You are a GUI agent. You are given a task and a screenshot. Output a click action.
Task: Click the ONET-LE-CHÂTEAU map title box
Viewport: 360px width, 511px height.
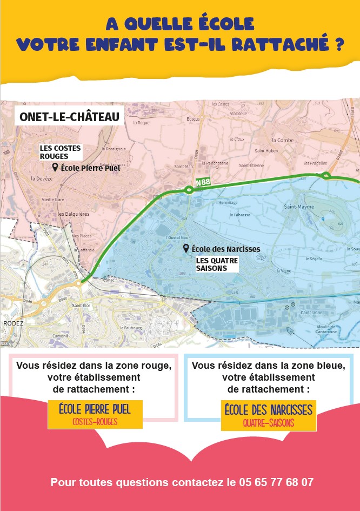69,117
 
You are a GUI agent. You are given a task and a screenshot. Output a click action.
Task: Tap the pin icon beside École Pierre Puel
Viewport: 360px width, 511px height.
55,168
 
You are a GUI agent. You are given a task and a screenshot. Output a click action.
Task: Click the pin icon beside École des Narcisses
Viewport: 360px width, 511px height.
186,248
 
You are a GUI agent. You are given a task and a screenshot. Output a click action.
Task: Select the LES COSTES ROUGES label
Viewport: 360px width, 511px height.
61,152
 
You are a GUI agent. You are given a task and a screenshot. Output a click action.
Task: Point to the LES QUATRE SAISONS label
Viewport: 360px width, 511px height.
217,264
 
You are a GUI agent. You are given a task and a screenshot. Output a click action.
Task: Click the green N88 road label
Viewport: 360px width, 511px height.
203,182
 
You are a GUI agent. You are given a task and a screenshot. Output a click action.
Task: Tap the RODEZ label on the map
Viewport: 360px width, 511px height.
10,322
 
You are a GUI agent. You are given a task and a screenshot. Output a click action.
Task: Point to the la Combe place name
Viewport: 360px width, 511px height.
283,140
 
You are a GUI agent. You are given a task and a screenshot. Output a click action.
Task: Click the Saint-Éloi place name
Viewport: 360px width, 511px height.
81,306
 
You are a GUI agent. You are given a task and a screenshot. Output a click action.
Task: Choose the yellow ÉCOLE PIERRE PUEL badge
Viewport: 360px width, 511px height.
95,414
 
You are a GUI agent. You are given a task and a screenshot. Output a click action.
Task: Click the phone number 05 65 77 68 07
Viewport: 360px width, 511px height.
276,482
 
